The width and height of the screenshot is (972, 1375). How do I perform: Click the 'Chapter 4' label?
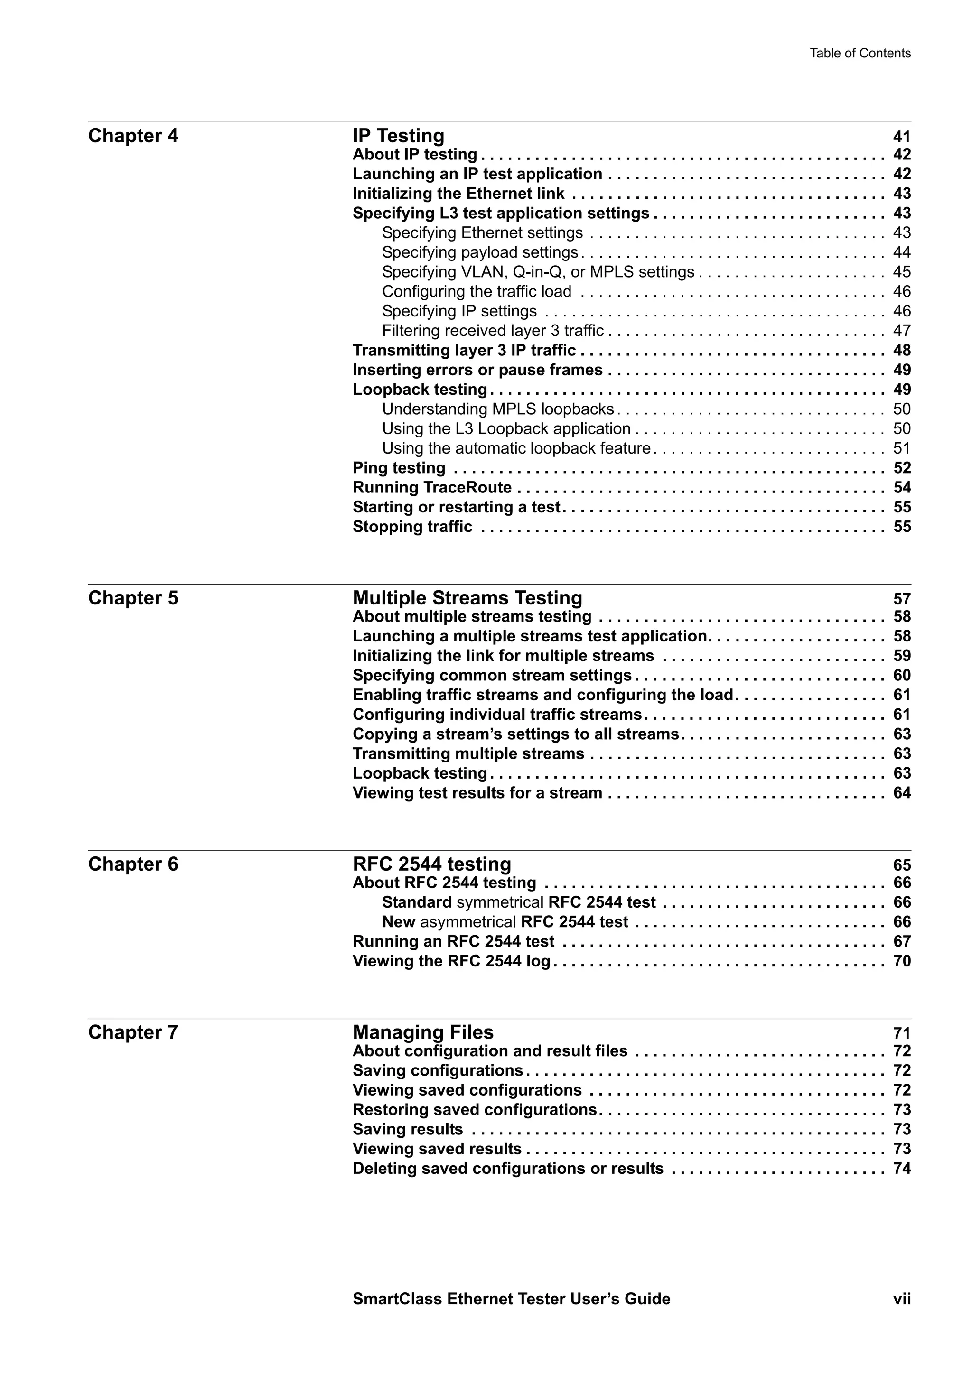click(x=133, y=136)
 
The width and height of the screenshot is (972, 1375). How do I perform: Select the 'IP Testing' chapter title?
click(x=398, y=136)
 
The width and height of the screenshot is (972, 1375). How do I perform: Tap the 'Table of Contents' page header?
click(x=860, y=53)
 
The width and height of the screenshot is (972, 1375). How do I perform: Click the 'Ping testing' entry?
click(x=399, y=468)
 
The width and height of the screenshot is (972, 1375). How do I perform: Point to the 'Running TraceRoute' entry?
click(x=432, y=487)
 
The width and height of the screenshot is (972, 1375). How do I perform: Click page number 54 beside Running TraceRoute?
click(x=902, y=487)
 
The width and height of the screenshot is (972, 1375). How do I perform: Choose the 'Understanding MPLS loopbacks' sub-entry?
click(x=498, y=409)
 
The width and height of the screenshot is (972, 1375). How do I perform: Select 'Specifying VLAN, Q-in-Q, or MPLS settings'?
click(x=538, y=272)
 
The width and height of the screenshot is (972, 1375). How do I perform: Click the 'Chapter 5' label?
click(x=133, y=598)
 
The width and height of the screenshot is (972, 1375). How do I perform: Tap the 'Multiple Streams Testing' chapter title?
click(x=467, y=598)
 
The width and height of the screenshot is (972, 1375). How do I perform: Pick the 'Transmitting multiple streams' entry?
click(x=468, y=753)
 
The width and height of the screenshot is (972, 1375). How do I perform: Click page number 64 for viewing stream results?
click(x=902, y=793)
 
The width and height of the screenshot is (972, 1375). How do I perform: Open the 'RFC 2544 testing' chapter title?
click(x=432, y=864)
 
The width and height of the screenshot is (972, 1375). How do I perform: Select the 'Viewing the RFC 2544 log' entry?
click(x=451, y=961)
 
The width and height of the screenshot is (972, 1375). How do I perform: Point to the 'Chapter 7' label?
click(x=133, y=1032)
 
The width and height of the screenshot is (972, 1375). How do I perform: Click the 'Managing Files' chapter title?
click(x=423, y=1032)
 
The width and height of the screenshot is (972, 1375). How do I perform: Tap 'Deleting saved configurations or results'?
click(x=508, y=1169)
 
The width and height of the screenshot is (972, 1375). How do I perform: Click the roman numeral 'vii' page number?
click(x=902, y=1316)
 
